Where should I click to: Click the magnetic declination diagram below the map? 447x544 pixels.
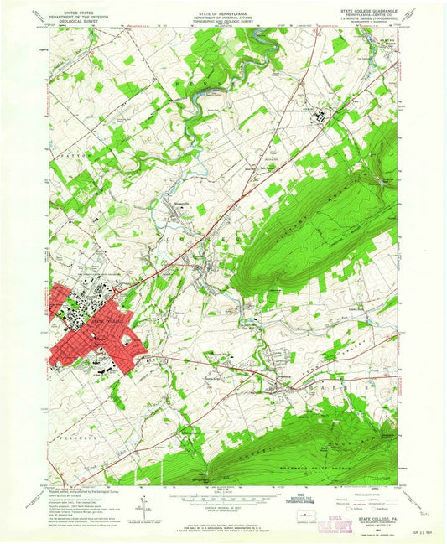(147, 506)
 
